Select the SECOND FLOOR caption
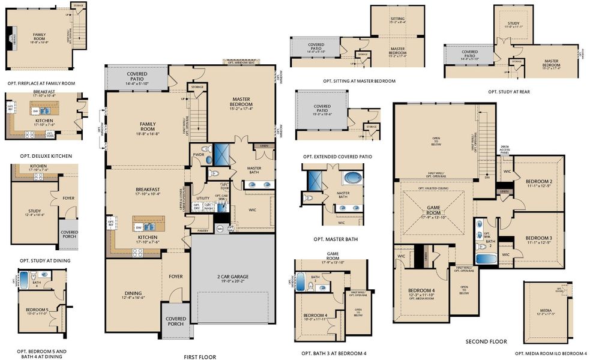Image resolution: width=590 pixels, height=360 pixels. (486, 341)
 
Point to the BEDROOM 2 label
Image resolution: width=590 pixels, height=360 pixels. (538, 181)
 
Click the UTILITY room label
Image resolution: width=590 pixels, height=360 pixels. (202, 197)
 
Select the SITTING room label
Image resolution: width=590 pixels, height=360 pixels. (397, 19)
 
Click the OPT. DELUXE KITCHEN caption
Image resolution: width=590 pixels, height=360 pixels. (45, 156)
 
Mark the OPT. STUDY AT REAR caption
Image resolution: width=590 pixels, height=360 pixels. (509, 92)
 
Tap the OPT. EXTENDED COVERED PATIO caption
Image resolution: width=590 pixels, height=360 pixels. (337, 157)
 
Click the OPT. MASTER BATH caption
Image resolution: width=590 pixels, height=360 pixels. (334, 238)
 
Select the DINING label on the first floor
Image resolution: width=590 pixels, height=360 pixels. (133, 293)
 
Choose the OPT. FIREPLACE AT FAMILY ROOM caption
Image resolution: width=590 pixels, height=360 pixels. (41, 83)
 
